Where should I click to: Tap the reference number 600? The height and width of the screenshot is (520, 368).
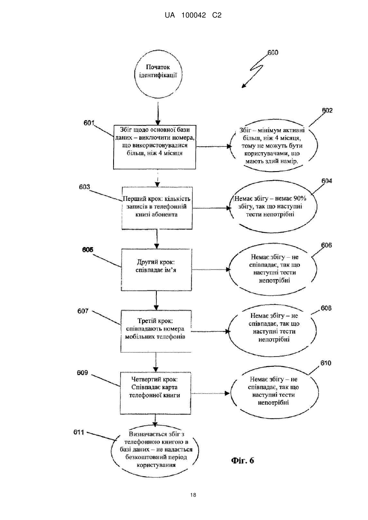273,53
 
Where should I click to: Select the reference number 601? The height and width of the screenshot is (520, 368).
89,123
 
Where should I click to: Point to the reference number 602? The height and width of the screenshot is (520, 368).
327,111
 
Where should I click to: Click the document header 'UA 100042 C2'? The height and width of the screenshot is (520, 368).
193,16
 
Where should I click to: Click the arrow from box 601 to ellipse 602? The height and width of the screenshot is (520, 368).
214,147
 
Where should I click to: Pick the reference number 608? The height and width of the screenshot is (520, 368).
326,308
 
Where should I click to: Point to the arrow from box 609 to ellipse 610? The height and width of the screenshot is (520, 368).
210,393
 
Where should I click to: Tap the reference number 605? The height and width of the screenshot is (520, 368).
88,250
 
